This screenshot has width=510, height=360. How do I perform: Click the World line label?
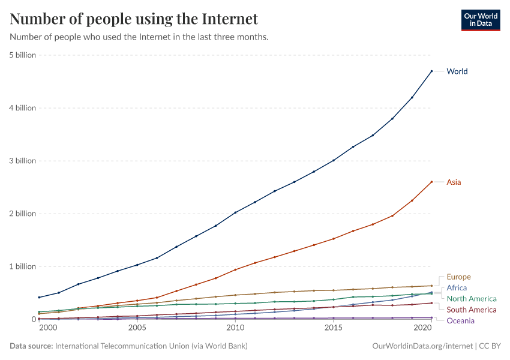pos(457,71)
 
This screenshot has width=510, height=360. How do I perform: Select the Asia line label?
pos(454,182)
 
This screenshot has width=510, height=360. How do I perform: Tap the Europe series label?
pos(458,277)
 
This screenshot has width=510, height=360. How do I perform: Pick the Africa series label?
pos(457,288)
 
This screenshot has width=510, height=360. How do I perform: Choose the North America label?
pos(472,299)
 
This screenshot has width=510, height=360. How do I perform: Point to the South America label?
pos(472,310)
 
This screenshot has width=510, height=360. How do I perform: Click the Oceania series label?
pos(461,320)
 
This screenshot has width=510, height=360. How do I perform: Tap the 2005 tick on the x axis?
pos(137,328)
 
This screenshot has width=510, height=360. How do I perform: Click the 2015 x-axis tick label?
pos(333,328)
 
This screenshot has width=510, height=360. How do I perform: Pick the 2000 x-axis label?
pos(48,328)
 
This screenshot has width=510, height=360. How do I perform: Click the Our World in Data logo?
pos(480,20)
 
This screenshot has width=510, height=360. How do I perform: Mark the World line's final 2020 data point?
pos(431,71)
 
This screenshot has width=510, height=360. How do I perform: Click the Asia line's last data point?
pos(431,182)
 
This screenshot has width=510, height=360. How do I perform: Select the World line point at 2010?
pos(235,212)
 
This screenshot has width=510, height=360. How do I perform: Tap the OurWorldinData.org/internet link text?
pos(422,346)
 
